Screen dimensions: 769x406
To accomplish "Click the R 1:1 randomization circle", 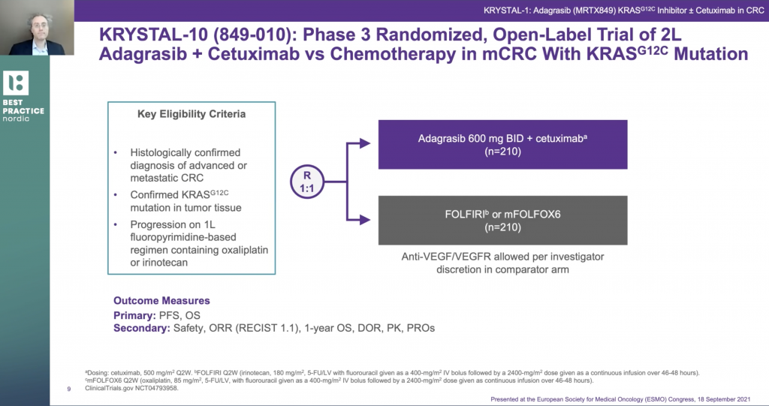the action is click(307, 182).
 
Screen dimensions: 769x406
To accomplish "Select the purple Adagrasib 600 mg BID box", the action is click(502, 145).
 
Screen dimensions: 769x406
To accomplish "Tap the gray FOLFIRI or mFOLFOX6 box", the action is click(502, 220).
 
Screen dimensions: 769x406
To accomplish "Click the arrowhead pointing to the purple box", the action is click(365, 143).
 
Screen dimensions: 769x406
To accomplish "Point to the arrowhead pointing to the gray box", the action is click(365, 220).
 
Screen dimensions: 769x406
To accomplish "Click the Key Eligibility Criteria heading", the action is click(191, 114).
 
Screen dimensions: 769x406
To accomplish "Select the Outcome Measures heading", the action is click(162, 301).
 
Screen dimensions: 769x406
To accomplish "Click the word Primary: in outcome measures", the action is click(135, 315).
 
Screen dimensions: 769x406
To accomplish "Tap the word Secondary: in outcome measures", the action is click(142, 328).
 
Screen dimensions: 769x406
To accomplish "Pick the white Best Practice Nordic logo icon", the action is click(16, 83).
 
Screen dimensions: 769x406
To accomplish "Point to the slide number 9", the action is click(69, 389).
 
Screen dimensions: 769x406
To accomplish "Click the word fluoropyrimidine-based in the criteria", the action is click(183, 237).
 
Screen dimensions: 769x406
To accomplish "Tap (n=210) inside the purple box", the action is click(502, 152).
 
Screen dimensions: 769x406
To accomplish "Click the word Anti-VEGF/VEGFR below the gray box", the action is click(446, 257).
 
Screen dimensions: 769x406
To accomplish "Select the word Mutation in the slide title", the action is click(711, 54).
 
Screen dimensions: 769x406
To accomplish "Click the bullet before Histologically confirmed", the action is click(116, 153).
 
